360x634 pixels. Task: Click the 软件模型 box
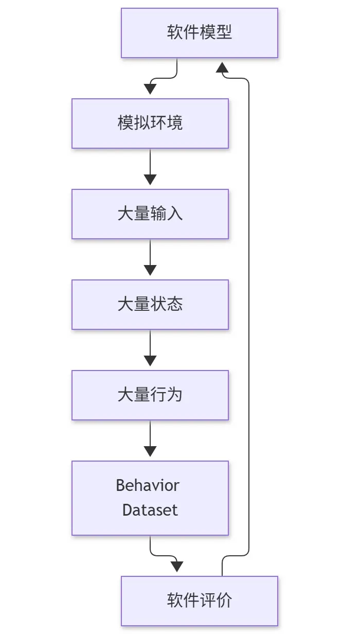click(x=200, y=33)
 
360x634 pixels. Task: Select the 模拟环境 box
click(x=150, y=124)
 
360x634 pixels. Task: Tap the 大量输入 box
click(x=150, y=214)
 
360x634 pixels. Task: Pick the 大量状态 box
click(x=150, y=305)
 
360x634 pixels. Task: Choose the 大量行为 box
click(x=150, y=395)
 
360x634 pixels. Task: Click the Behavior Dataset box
click(x=150, y=498)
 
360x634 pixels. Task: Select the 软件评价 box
click(x=200, y=601)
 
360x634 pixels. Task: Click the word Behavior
click(x=148, y=486)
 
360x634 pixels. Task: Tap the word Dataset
click(x=150, y=510)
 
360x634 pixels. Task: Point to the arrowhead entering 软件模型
click(x=222, y=67)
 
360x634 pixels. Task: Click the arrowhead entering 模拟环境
click(x=150, y=89)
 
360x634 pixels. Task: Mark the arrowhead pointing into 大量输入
click(x=150, y=180)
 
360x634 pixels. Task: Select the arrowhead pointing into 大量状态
click(x=150, y=270)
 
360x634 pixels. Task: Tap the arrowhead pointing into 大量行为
click(x=150, y=361)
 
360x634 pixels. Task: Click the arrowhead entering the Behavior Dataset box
click(x=150, y=451)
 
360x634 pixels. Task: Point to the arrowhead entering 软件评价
click(x=177, y=567)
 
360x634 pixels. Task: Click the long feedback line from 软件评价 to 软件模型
click(x=249, y=317)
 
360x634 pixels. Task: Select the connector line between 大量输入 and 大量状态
click(x=150, y=253)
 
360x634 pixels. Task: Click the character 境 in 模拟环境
click(x=175, y=122)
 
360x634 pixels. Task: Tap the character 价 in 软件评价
click(x=224, y=600)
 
